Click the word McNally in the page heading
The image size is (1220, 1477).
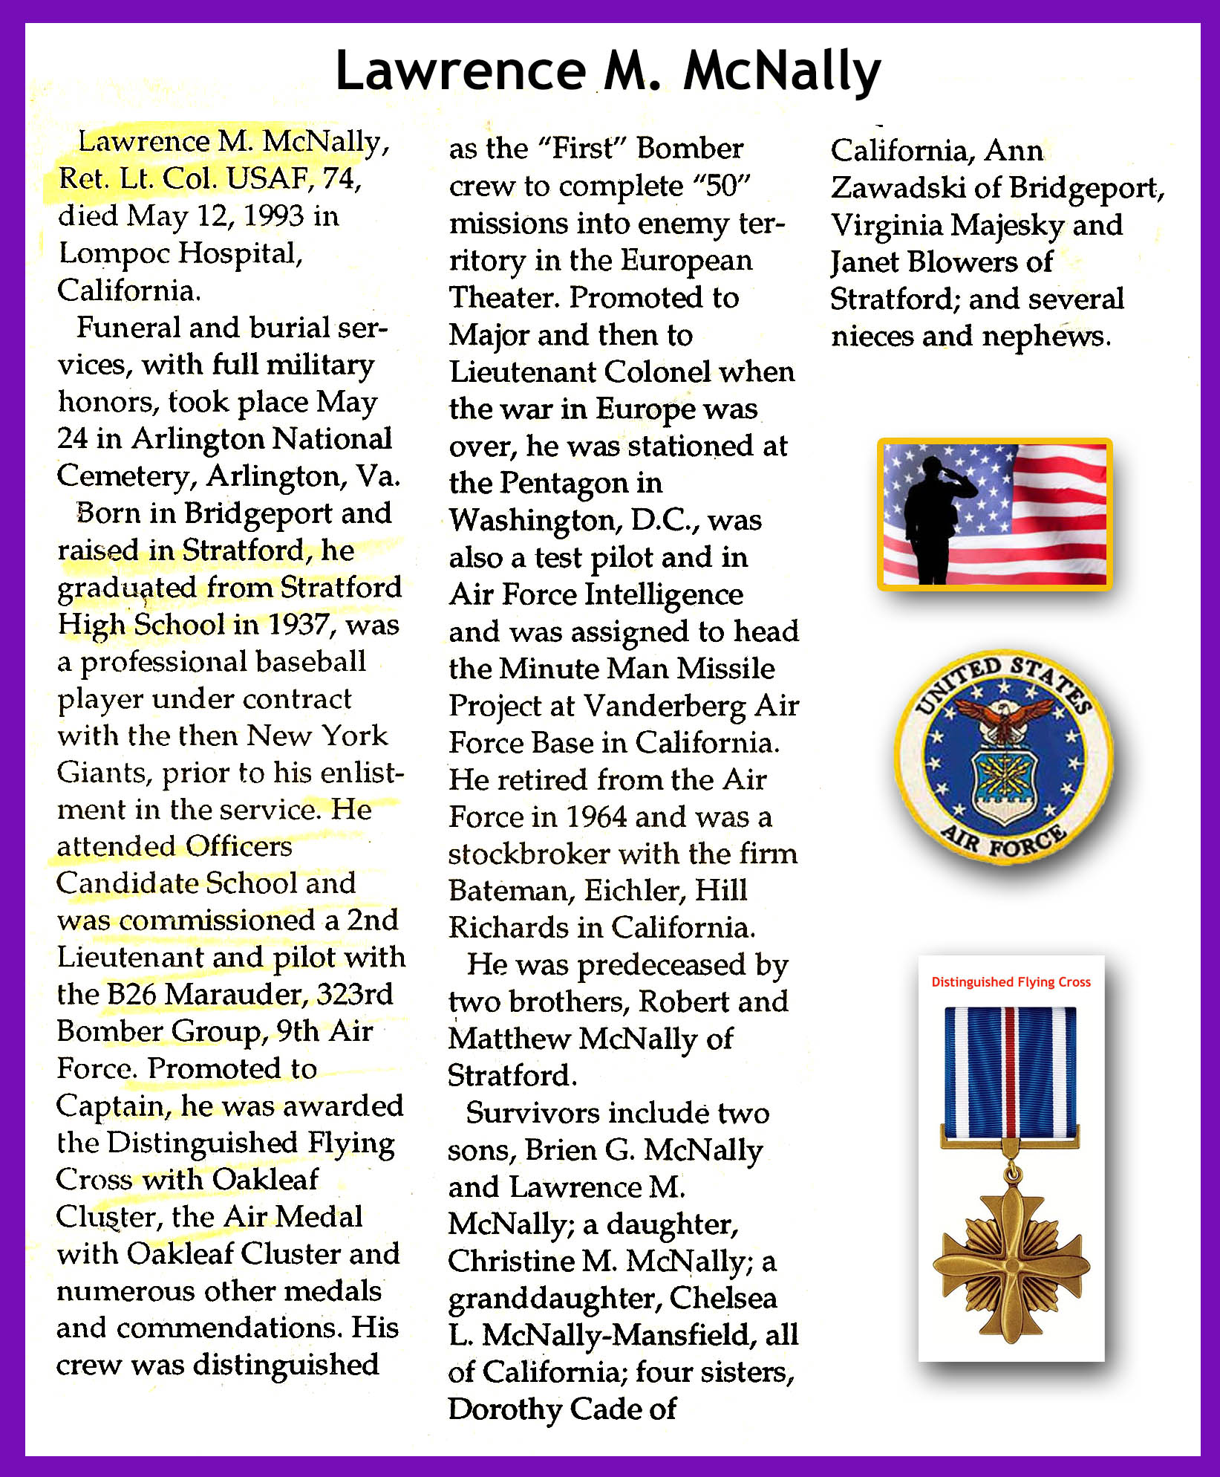(781, 71)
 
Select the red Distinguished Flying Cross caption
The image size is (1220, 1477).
(1011, 982)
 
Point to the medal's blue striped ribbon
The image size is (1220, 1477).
(1010, 1070)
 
